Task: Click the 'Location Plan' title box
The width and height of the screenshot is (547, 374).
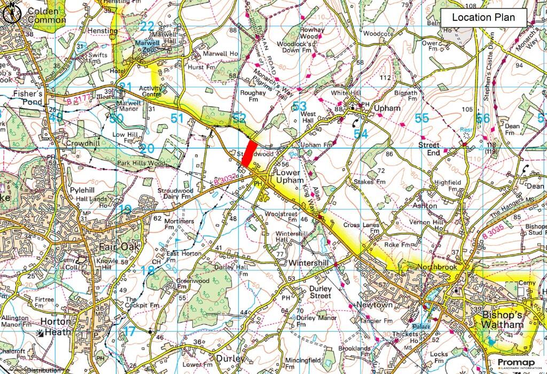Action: (x=483, y=17)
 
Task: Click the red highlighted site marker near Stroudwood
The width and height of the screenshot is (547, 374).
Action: (x=248, y=152)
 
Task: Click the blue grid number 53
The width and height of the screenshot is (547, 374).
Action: (x=300, y=106)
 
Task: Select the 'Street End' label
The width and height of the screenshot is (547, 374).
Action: (x=429, y=149)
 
